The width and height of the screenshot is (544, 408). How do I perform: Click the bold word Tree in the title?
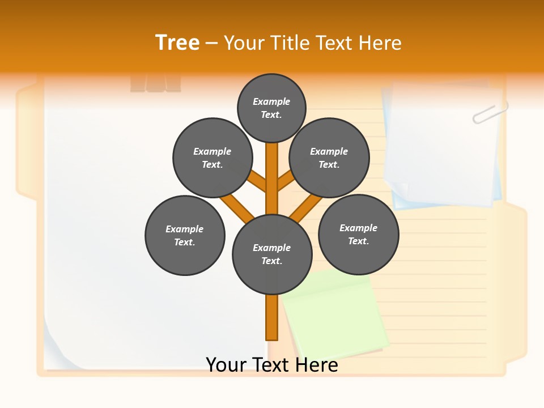[177, 42]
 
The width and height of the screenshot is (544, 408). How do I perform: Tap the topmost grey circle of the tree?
[271, 108]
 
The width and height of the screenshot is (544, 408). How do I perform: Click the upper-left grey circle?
[212, 158]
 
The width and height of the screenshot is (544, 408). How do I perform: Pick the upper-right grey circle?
[329, 158]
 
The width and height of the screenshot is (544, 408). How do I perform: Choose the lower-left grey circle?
[185, 235]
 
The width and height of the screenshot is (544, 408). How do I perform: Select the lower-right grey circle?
[358, 234]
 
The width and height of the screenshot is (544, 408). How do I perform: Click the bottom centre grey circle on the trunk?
[272, 254]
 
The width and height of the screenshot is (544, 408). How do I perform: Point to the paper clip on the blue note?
[490, 112]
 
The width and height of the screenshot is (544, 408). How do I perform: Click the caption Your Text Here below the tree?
[272, 364]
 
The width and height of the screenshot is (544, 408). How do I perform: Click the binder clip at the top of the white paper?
[155, 83]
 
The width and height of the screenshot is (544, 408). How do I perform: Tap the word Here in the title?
[380, 43]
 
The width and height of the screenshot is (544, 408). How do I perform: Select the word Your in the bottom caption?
[226, 364]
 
